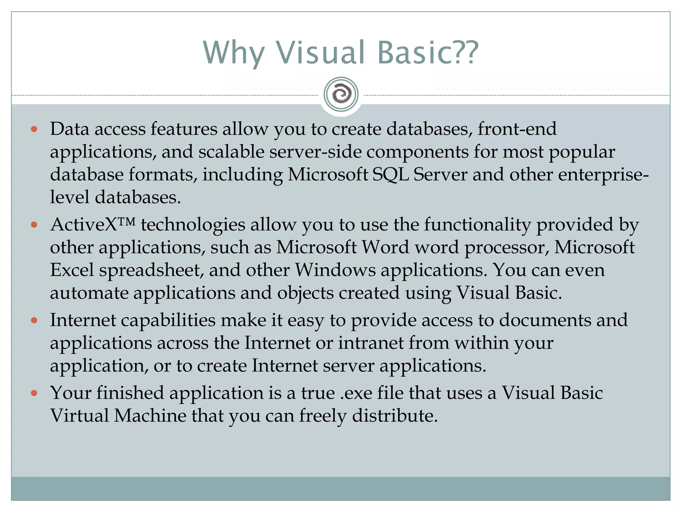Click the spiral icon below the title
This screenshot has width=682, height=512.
coord(341,94)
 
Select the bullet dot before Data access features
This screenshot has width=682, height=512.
coord(34,129)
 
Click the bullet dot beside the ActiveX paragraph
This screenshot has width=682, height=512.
coord(34,225)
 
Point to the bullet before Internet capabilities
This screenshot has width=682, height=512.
coord(34,320)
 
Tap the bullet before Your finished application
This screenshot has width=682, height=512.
coord(34,393)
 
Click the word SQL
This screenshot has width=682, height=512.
coord(390,175)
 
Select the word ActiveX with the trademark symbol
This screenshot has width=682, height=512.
coord(93,224)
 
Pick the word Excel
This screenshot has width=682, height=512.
coord(72,270)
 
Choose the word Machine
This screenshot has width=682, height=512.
coord(150,416)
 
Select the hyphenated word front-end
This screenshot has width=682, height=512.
coord(517,129)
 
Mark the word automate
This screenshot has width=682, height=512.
coord(89,293)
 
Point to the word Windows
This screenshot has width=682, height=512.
coord(335,270)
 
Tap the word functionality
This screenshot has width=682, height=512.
coord(477,224)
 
